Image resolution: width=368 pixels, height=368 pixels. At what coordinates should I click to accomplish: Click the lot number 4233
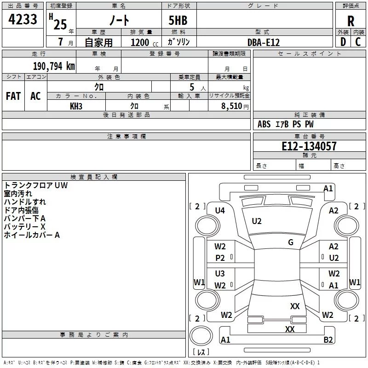23,20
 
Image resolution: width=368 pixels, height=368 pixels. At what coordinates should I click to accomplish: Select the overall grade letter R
351,21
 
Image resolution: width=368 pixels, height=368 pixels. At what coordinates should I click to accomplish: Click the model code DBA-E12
264,42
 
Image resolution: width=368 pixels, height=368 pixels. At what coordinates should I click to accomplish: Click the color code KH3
76,106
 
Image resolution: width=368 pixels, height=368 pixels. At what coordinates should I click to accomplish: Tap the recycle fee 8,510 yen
229,106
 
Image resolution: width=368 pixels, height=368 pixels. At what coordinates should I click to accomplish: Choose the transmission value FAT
13,96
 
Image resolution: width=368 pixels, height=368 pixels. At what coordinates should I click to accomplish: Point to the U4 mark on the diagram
220,211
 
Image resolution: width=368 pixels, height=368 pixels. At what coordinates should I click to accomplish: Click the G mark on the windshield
291,242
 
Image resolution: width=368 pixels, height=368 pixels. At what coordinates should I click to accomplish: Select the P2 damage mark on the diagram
220,258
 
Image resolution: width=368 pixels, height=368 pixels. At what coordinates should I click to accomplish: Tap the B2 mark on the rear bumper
328,340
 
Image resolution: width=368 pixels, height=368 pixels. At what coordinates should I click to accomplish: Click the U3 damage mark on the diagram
220,274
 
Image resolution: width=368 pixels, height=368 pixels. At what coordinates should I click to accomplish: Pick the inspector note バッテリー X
24,227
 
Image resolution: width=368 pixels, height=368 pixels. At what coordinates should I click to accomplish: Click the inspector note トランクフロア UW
36,185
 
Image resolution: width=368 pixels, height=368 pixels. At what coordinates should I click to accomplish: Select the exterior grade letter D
343,42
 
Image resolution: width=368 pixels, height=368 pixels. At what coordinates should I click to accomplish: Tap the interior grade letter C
358,42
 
